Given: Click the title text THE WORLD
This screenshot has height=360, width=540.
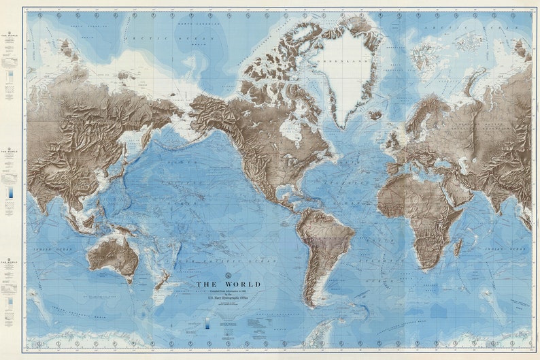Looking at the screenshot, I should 228,284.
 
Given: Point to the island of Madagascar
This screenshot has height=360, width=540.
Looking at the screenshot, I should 458,247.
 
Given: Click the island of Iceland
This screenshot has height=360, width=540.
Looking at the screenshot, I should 375,115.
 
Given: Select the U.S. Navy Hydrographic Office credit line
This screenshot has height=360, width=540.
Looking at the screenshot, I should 228,298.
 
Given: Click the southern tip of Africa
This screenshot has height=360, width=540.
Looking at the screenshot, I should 423,268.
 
